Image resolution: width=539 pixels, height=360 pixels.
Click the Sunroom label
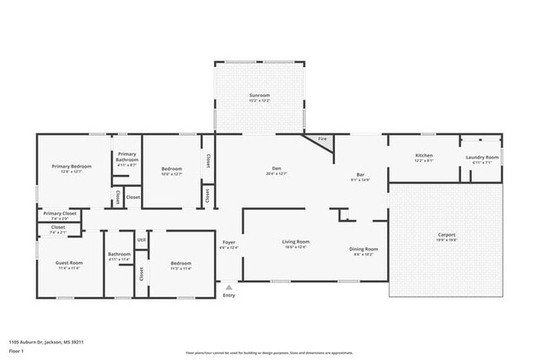[x=260, y=95]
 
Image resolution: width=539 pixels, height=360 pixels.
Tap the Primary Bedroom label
[x=71, y=167]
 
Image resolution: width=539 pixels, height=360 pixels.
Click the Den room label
[x=277, y=168]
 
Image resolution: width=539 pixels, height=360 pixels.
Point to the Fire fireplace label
[x=322, y=139]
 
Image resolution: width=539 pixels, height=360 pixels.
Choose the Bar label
[x=359, y=174]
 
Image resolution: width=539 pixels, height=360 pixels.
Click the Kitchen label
[x=424, y=156]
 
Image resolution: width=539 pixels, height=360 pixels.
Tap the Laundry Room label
[x=481, y=158]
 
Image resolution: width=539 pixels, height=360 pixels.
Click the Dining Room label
[x=363, y=249]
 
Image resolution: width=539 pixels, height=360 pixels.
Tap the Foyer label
[x=228, y=242]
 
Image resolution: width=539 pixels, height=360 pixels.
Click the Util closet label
[x=141, y=240]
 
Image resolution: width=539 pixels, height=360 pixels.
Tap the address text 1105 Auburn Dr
[x=46, y=341]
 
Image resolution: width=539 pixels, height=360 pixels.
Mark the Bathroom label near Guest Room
[x=119, y=255]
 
